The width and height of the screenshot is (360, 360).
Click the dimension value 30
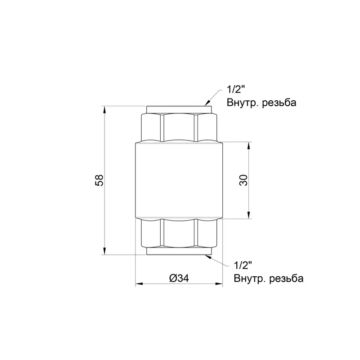pos(244,180)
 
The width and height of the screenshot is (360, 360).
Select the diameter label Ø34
pos(179,278)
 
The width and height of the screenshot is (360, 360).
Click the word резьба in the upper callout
pos(279,103)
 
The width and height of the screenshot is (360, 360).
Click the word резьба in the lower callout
pos(286,278)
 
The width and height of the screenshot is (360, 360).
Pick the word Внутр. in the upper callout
pos(242,103)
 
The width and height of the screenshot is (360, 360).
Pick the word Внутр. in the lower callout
pos(250,278)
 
